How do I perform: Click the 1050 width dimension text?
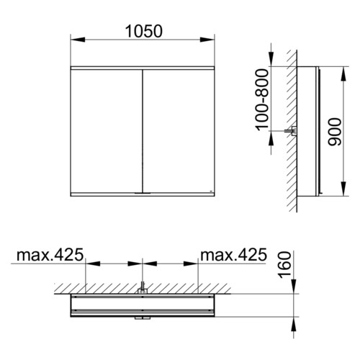pos(144,32)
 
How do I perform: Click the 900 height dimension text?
pos(335,132)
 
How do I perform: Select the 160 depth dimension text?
pos(285,265)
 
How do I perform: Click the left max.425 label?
pos(50,255)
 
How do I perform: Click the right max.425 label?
pos(233,255)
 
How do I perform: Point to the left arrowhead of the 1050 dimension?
pos(78,40)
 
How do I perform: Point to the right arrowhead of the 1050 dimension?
pos(207,40)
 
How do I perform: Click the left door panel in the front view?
pos(107,131)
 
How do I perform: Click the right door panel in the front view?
pos(179,131)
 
